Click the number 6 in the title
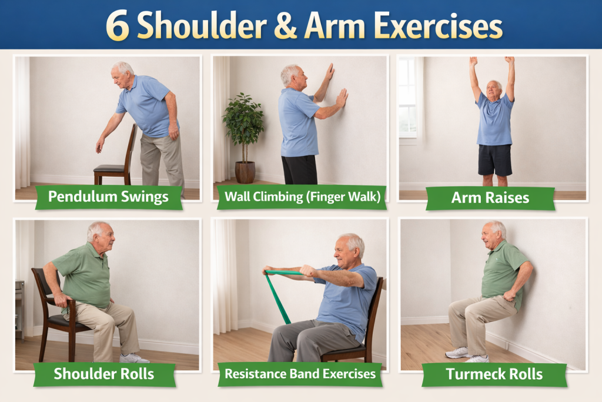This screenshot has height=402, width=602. pos(118,26)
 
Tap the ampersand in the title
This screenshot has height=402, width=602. pos(285,26)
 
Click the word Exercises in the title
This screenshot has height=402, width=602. pos(439,26)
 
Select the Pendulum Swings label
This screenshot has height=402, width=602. pos(109,197)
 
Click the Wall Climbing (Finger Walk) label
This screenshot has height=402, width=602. pos(302,197)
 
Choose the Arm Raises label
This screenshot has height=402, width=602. pos(490,198)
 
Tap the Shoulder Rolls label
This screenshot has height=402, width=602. pos(104,374)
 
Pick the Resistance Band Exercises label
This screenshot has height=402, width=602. pos(300,374)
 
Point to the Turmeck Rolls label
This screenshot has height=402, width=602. pos(494,374)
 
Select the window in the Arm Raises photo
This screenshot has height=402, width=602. pos(408,99)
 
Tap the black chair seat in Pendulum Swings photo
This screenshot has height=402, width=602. pos(109,168)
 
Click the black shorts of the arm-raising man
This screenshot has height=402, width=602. pos(495,160)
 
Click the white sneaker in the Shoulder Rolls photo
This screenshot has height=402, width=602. pos(133,358)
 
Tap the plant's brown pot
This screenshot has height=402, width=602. pos(245,172)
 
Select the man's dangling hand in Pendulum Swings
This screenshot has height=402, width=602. pos(100,145)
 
